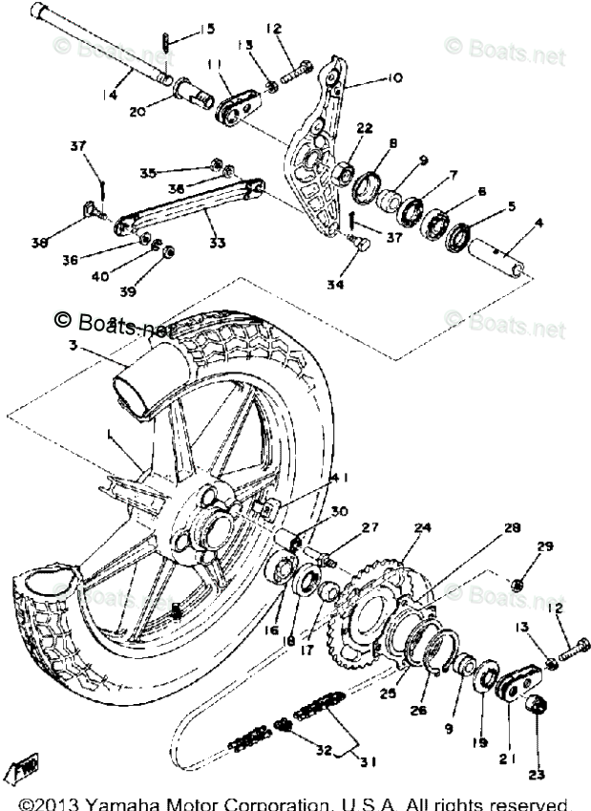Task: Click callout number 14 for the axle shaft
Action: (x=112, y=95)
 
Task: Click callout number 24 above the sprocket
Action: (x=421, y=526)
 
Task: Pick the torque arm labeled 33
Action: (x=181, y=207)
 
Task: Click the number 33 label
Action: (x=218, y=243)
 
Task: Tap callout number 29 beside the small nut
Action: (x=544, y=547)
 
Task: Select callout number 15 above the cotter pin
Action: (x=206, y=29)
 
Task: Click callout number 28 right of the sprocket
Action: (x=512, y=526)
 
